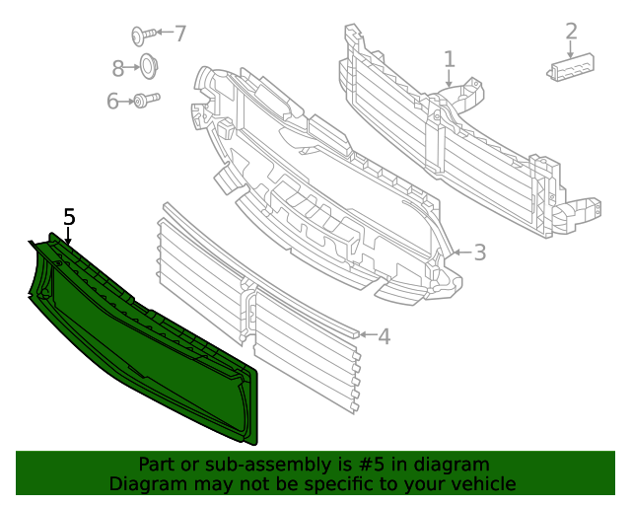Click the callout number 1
[x=449, y=59]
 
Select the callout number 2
[x=571, y=32]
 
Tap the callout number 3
[x=479, y=252]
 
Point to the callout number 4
[x=384, y=336]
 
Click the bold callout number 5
[x=69, y=217]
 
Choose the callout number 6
[x=112, y=101]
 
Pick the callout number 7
[x=179, y=34]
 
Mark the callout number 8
[x=118, y=68]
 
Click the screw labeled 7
[x=141, y=36]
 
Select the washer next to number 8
[x=147, y=68]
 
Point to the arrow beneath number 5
[x=69, y=237]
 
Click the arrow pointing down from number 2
[x=571, y=48]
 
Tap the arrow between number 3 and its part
[x=459, y=253]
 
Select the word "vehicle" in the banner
[x=481, y=483]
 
